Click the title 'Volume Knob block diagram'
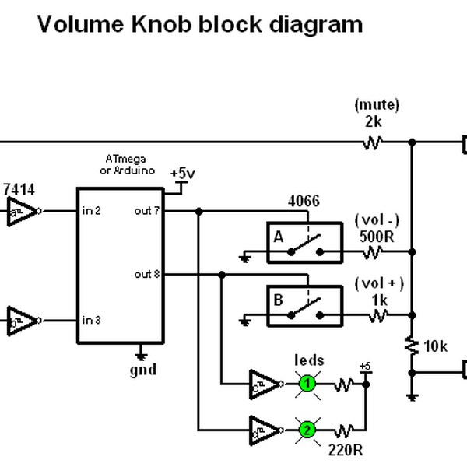point(199,24)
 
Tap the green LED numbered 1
point(307,383)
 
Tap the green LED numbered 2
point(307,429)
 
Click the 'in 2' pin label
point(93,211)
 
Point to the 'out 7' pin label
point(148,211)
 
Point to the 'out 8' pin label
point(148,274)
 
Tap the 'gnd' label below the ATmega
point(143,370)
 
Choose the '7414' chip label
point(19,189)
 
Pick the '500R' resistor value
point(376,234)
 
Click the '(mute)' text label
point(376,104)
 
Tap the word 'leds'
point(309,360)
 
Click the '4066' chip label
point(304,202)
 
